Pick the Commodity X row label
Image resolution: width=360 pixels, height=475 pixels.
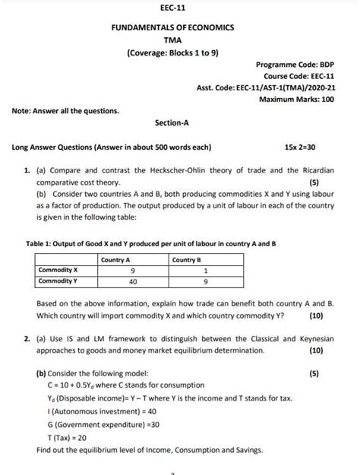tap(59, 270)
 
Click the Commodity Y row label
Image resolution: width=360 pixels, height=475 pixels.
tap(59, 280)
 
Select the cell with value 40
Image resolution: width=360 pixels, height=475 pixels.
tap(133, 280)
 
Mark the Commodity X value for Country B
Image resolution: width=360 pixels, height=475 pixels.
tap(205, 270)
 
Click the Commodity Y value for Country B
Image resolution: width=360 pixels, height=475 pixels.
tap(205, 280)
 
